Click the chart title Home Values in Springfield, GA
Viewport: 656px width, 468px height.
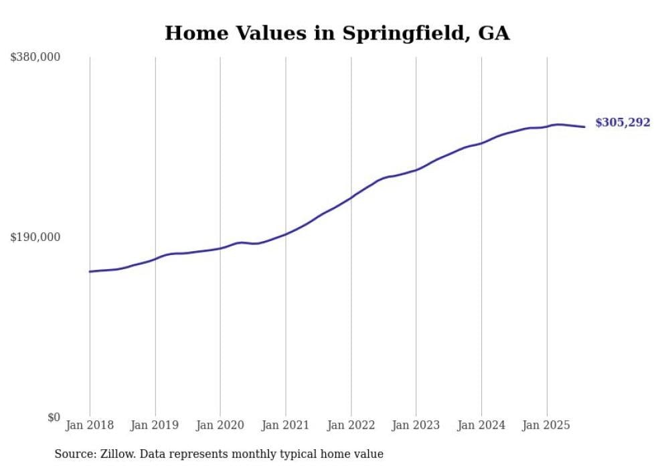pyautogui.click(x=337, y=33)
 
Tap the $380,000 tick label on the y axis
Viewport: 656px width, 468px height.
pyautogui.click(x=35, y=57)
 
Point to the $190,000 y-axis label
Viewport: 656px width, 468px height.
pyautogui.click(x=35, y=237)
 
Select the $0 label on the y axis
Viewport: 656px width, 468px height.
pyautogui.click(x=54, y=417)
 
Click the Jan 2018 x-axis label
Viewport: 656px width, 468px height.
pyautogui.click(x=90, y=425)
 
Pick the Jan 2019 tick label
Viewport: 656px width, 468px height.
pyautogui.click(x=155, y=425)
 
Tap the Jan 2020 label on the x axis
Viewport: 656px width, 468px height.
pyautogui.click(x=220, y=425)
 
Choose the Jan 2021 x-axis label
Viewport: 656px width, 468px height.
pyautogui.click(x=286, y=425)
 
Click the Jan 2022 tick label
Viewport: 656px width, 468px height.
pyautogui.click(x=351, y=425)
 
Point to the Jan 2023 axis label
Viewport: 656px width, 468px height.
pyautogui.click(x=416, y=425)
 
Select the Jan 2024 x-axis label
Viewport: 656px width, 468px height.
pyautogui.click(x=481, y=425)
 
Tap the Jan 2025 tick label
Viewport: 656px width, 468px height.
pyautogui.click(x=547, y=425)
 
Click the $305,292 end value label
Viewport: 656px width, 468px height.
pyautogui.click(x=623, y=123)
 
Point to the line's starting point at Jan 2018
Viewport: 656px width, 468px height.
pyautogui.click(x=90, y=271)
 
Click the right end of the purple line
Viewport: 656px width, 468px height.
pyautogui.click(x=585, y=127)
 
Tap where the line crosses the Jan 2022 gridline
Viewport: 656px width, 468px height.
pyautogui.click(x=351, y=198)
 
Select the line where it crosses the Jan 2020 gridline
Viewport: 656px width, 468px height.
pyautogui.click(x=220, y=248)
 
